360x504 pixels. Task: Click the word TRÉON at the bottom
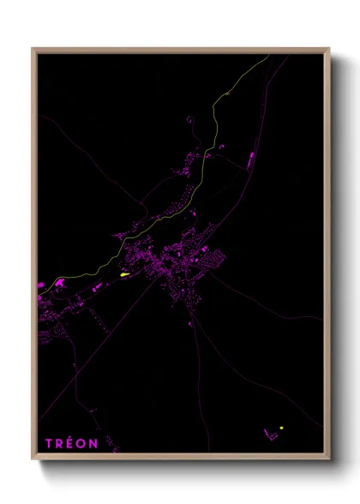72,443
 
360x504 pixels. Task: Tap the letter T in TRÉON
50,443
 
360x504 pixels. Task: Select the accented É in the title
72,443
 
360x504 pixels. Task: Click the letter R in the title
61,443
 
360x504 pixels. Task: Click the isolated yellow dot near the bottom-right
280,428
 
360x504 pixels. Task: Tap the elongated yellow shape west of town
124,274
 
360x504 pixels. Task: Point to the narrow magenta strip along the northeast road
249,159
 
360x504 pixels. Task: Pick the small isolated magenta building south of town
191,323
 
